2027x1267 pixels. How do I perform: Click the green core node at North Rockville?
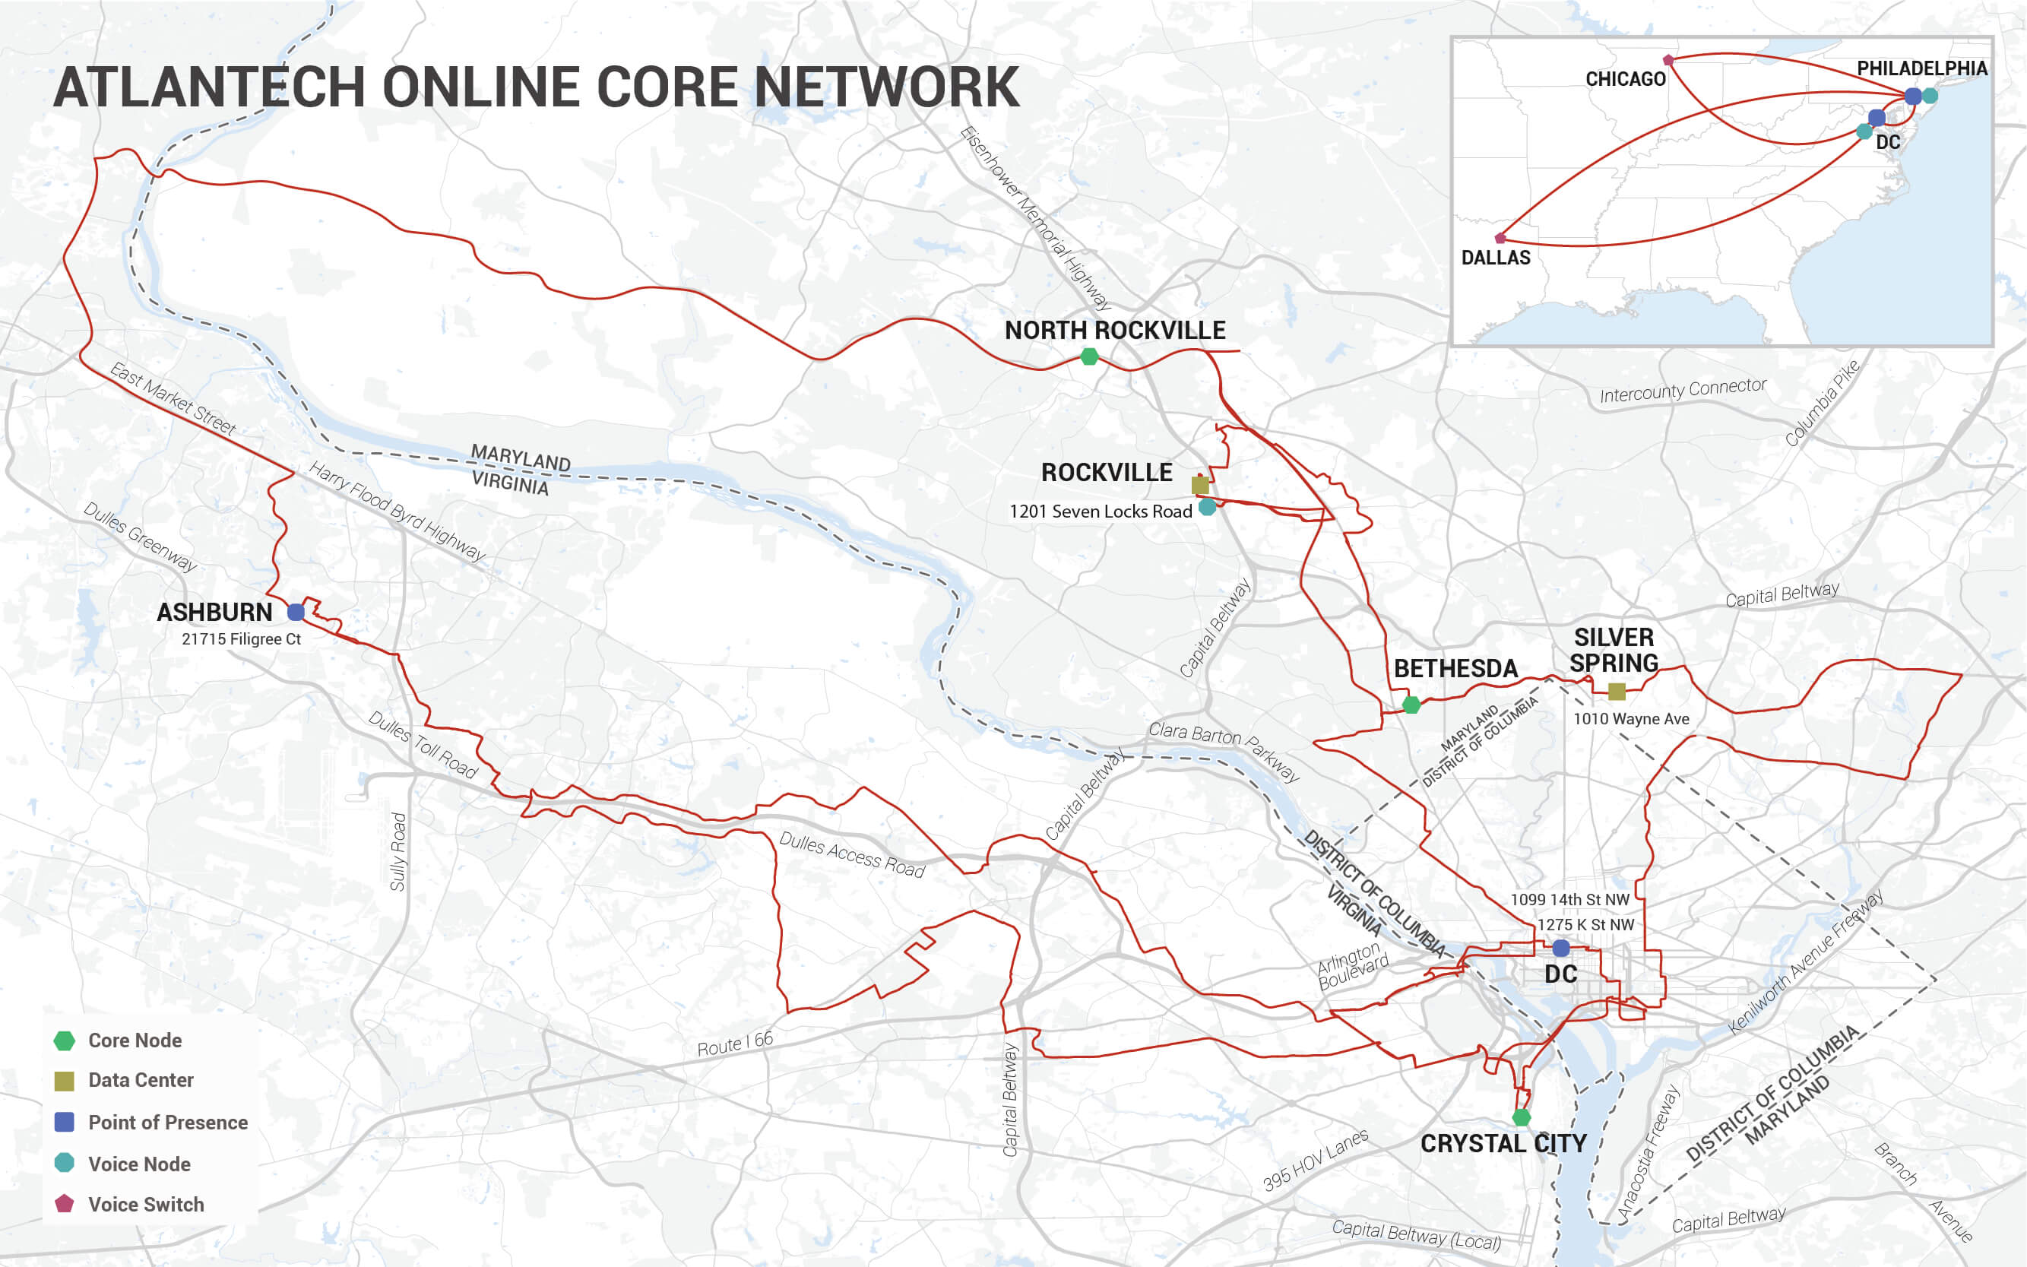1089,357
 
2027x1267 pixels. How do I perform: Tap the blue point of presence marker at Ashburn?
296,612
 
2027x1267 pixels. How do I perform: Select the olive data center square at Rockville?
1200,485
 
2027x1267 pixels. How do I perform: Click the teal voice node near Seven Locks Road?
1208,507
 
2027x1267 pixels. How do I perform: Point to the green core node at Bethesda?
1411,705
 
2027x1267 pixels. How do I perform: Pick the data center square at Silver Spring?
1617,692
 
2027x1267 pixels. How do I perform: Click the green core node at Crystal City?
1522,1117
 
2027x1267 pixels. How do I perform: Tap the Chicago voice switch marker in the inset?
1668,60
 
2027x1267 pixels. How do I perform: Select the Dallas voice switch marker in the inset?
1500,238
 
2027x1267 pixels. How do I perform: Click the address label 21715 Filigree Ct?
242,638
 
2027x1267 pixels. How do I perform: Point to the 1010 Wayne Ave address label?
1631,719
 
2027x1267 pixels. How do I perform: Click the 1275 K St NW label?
1585,924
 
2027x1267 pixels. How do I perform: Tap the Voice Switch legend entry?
146,1204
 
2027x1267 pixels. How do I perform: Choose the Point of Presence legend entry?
168,1122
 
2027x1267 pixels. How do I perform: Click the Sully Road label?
398,851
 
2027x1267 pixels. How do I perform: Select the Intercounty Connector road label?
1683,390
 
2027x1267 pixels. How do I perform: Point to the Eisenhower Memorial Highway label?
1036,218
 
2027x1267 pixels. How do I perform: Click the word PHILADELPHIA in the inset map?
1921,68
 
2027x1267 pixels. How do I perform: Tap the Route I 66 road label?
735,1044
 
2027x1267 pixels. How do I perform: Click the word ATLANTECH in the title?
210,87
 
